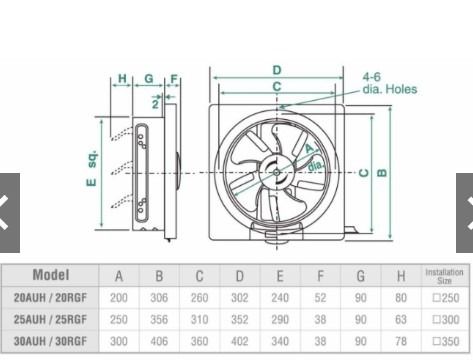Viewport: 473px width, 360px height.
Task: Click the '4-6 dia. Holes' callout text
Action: [x=389, y=83]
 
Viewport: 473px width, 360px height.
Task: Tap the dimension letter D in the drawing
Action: [x=276, y=69]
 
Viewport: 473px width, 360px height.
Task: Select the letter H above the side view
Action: [x=122, y=78]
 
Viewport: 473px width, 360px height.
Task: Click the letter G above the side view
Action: [x=148, y=78]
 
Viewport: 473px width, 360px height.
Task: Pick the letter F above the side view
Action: [x=174, y=78]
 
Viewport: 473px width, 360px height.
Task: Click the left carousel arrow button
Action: [x=9, y=213]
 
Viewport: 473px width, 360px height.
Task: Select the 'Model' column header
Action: [x=50, y=275]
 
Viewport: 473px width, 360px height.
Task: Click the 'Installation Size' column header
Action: [x=444, y=275]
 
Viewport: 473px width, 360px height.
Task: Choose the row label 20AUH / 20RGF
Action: [x=50, y=298]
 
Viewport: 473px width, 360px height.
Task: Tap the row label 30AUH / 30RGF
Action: [x=50, y=341]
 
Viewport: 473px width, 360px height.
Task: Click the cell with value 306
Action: [x=159, y=298]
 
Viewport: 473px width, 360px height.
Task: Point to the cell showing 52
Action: [x=320, y=298]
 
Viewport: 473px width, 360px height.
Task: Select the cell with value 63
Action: [x=400, y=320]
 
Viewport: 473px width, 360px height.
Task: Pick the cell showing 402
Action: [x=239, y=341]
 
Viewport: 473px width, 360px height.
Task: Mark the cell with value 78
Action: [x=400, y=341]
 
